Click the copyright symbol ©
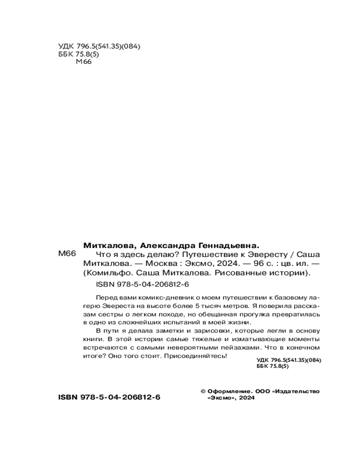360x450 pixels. pyautogui.click(x=202, y=391)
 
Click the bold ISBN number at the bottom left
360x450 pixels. pyautogui.click(x=109, y=398)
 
